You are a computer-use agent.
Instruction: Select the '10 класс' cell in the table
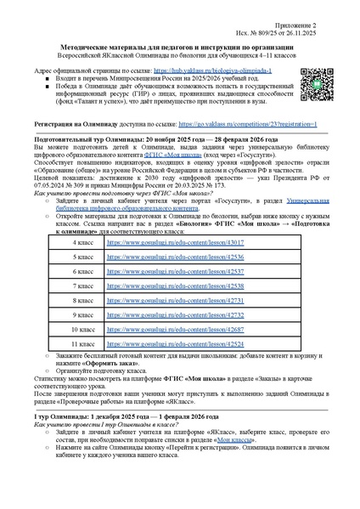click(x=83, y=328)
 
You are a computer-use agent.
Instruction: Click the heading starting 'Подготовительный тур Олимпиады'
click(x=153, y=138)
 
